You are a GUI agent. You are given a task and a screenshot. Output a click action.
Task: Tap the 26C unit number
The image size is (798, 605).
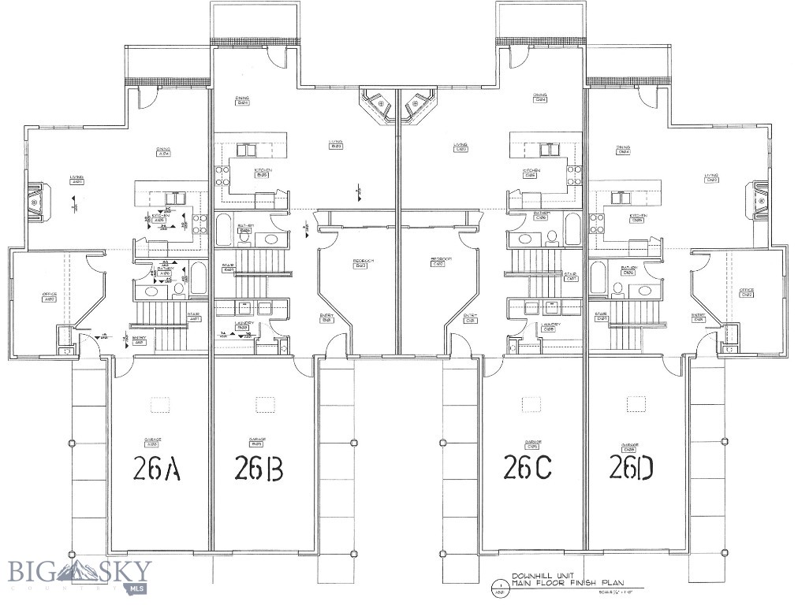[527, 467]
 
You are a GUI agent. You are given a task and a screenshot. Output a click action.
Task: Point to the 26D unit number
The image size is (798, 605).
[631, 468]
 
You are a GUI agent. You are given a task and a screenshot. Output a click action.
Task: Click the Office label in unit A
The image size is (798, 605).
[49, 296]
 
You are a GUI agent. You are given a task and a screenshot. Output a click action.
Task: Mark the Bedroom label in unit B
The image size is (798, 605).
[362, 262]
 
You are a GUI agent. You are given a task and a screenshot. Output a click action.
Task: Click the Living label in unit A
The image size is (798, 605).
[77, 179]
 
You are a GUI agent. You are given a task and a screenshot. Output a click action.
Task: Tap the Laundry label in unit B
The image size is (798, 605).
[243, 325]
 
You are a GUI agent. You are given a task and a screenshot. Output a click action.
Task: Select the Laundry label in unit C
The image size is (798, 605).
[550, 326]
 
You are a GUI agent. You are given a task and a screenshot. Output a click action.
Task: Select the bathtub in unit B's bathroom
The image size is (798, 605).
[223, 228]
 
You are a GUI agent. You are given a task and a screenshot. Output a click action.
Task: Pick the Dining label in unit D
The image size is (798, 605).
[623, 149]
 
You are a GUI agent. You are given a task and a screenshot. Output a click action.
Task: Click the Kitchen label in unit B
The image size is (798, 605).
[263, 173]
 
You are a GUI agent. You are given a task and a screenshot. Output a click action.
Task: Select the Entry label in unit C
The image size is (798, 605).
[471, 319]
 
